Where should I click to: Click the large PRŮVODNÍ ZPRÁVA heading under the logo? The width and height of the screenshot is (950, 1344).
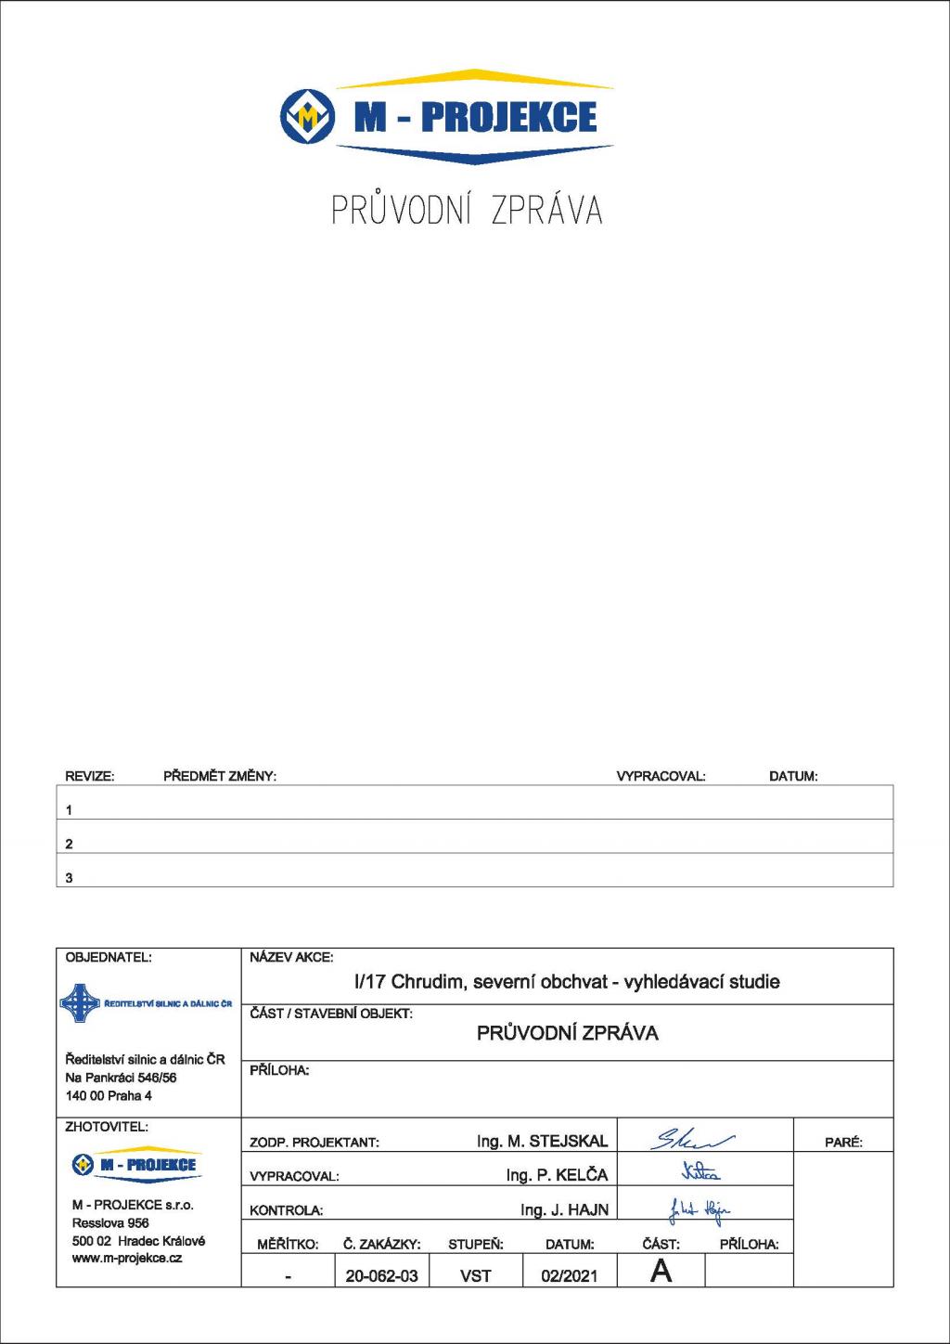coord(468,211)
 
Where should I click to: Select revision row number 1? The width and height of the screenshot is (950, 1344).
coord(69,809)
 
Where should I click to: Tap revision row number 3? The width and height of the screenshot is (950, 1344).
coord(69,877)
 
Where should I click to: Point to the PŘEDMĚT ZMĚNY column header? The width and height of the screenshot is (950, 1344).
coord(220,776)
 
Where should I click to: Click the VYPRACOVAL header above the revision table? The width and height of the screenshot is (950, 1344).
coord(661,776)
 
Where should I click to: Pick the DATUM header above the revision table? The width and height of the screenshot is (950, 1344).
coord(793,776)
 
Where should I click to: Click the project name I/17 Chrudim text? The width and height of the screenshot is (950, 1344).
coord(567,981)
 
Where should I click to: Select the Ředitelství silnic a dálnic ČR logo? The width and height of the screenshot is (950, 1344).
coord(146,1003)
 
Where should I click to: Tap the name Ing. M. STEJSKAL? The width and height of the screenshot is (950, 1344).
coord(542,1141)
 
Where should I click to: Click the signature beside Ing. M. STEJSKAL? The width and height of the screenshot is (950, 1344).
coord(695,1139)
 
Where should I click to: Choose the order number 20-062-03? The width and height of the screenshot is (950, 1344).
coord(381,1275)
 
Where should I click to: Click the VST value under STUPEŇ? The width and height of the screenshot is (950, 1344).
coord(476,1275)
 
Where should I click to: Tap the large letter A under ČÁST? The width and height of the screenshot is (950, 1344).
coord(661,1271)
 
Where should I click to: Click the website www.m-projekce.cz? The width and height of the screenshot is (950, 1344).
coord(127,1258)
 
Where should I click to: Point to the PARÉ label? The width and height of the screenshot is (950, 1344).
coord(843,1143)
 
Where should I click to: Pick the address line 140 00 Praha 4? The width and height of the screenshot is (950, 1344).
coord(109,1095)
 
